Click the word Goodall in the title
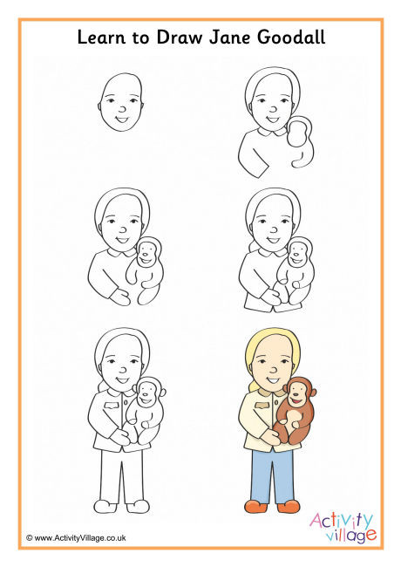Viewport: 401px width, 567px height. tap(291, 38)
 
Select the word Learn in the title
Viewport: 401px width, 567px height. tap(101, 38)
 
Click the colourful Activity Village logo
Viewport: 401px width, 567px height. tap(343, 527)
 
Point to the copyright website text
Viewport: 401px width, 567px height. tap(76, 537)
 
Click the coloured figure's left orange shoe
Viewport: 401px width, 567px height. tap(256, 506)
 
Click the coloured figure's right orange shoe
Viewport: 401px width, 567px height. tap(289, 506)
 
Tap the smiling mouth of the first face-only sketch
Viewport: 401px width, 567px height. tap(122, 119)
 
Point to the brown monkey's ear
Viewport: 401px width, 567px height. tap(313, 392)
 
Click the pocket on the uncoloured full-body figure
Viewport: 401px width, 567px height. tap(112, 405)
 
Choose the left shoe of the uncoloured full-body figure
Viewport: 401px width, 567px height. tap(105, 506)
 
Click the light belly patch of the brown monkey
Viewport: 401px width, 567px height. tap(294, 419)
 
